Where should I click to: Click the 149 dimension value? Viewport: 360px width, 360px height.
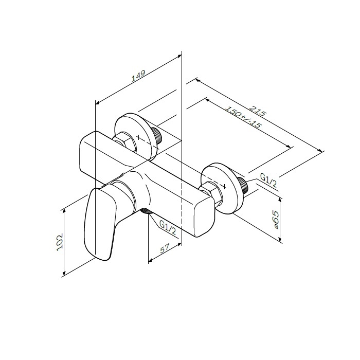pyautogui.click(x=138, y=76)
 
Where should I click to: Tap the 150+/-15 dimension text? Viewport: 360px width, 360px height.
pyautogui.click(x=244, y=117)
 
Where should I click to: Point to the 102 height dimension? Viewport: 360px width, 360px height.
pyautogui.click(x=60, y=242)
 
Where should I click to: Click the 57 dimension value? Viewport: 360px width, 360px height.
pyautogui.click(x=165, y=248)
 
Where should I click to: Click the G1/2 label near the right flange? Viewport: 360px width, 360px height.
pyautogui.click(x=268, y=181)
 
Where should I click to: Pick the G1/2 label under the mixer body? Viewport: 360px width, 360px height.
pyautogui.click(x=168, y=228)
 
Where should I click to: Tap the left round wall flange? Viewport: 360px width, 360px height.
pyautogui.click(x=137, y=134)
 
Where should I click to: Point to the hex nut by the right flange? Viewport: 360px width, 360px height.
pyautogui.click(x=211, y=192)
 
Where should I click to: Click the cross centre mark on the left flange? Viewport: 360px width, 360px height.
pyautogui.click(x=138, y=137)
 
